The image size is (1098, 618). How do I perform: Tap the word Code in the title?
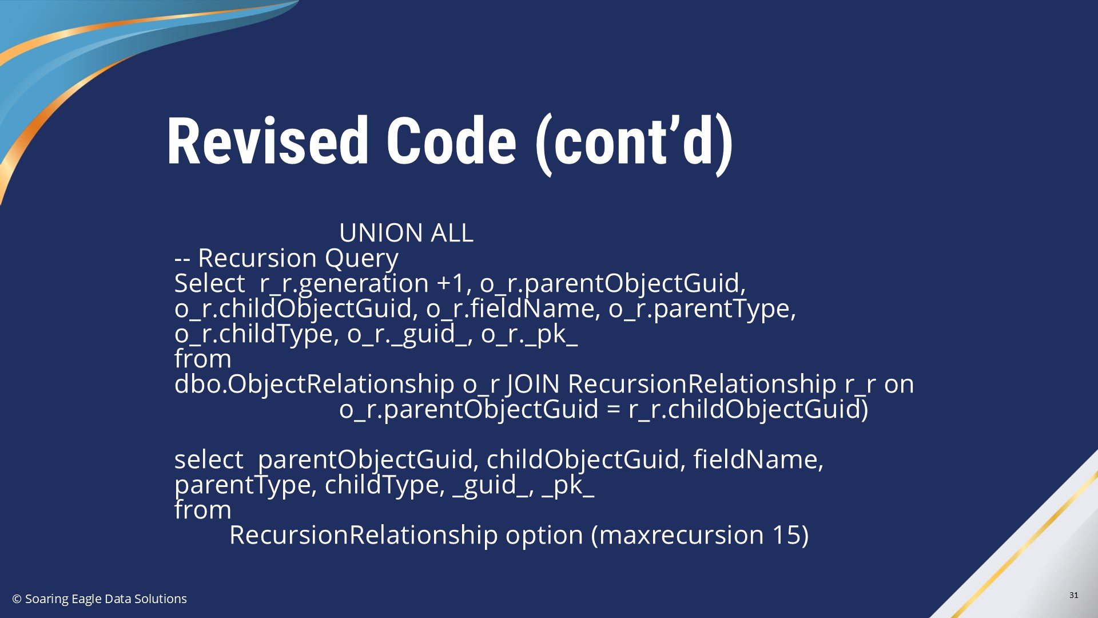point(451,141)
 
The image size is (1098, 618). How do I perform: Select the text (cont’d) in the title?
point(634,144)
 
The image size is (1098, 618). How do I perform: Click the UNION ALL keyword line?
point(406,233)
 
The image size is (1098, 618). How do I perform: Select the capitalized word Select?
point(209,283)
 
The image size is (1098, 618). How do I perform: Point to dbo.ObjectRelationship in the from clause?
point(314,384)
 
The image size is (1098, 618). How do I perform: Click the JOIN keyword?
point(533,384)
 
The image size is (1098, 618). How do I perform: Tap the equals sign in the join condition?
point(613,410)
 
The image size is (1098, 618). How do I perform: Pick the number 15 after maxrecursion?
point(786,535)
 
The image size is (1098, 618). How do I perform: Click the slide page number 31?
point(1073,595)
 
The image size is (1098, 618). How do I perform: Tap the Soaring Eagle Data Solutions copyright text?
point(100,599)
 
